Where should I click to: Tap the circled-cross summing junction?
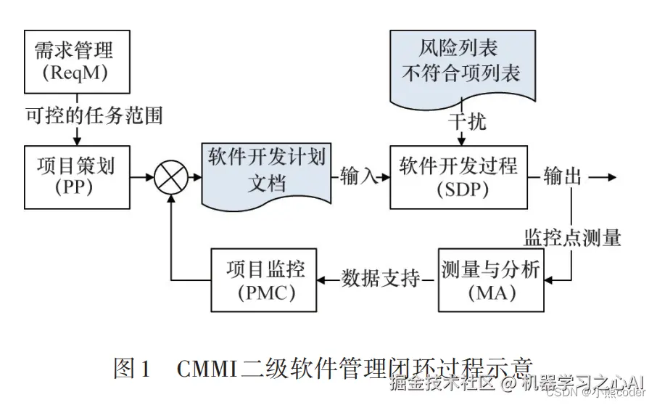click(171, 176)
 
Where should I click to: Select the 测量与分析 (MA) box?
click(490, 279)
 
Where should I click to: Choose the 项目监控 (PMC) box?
click(263, 279)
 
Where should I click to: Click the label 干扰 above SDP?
click(467, 121)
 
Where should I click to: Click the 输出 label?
click(563, 176)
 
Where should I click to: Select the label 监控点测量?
click(573, 237)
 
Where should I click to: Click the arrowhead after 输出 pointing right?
click(611, 176)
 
